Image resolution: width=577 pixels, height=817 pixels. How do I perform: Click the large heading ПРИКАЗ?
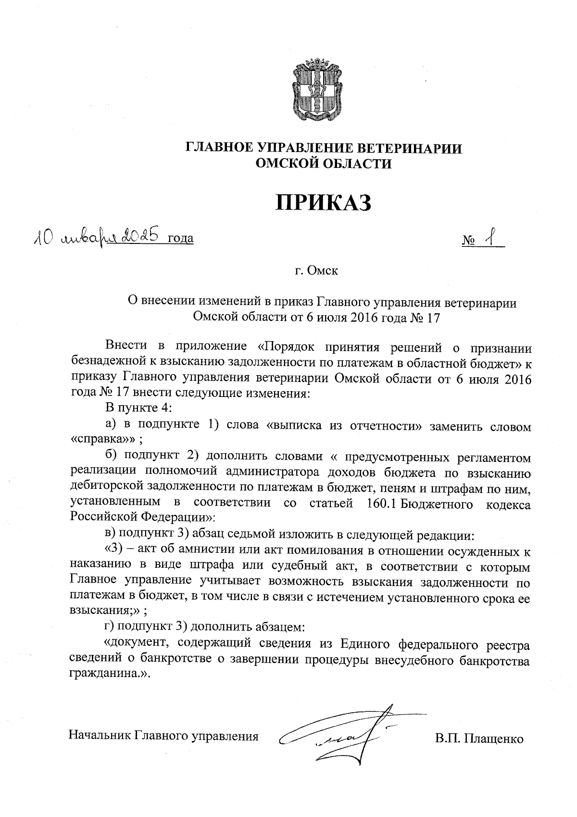coord(324,203)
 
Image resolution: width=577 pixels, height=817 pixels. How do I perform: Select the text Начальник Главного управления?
coord(163,736)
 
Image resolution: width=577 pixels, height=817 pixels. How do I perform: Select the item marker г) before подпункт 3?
coord(111,627)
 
